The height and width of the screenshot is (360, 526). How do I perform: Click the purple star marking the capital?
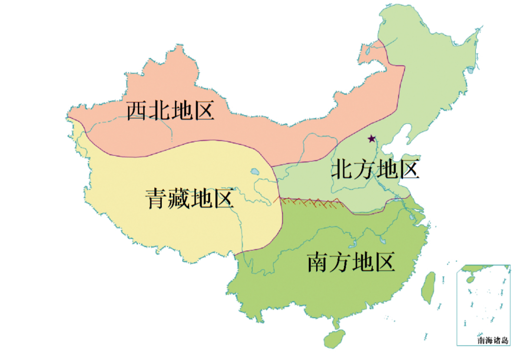pos(372,139)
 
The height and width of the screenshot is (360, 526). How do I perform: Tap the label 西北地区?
pos(170,111)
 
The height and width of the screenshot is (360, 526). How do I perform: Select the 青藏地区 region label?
pos(190,199)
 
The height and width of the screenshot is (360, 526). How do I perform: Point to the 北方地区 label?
pos(375,170)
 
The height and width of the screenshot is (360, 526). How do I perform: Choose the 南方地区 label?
pos(351,263)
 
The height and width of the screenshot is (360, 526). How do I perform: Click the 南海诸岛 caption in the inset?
pos(493,341)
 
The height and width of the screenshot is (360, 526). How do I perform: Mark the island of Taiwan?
pos(428,287)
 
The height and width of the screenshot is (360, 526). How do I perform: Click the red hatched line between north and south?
pos(312,201)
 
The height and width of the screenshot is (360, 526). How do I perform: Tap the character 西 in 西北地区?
pos(137,111)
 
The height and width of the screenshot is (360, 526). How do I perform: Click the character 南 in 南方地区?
pos(318,263)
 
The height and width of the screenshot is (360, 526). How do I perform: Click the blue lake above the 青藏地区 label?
pos(254,171)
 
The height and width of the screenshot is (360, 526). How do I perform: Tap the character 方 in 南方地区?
pos(340,263)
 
